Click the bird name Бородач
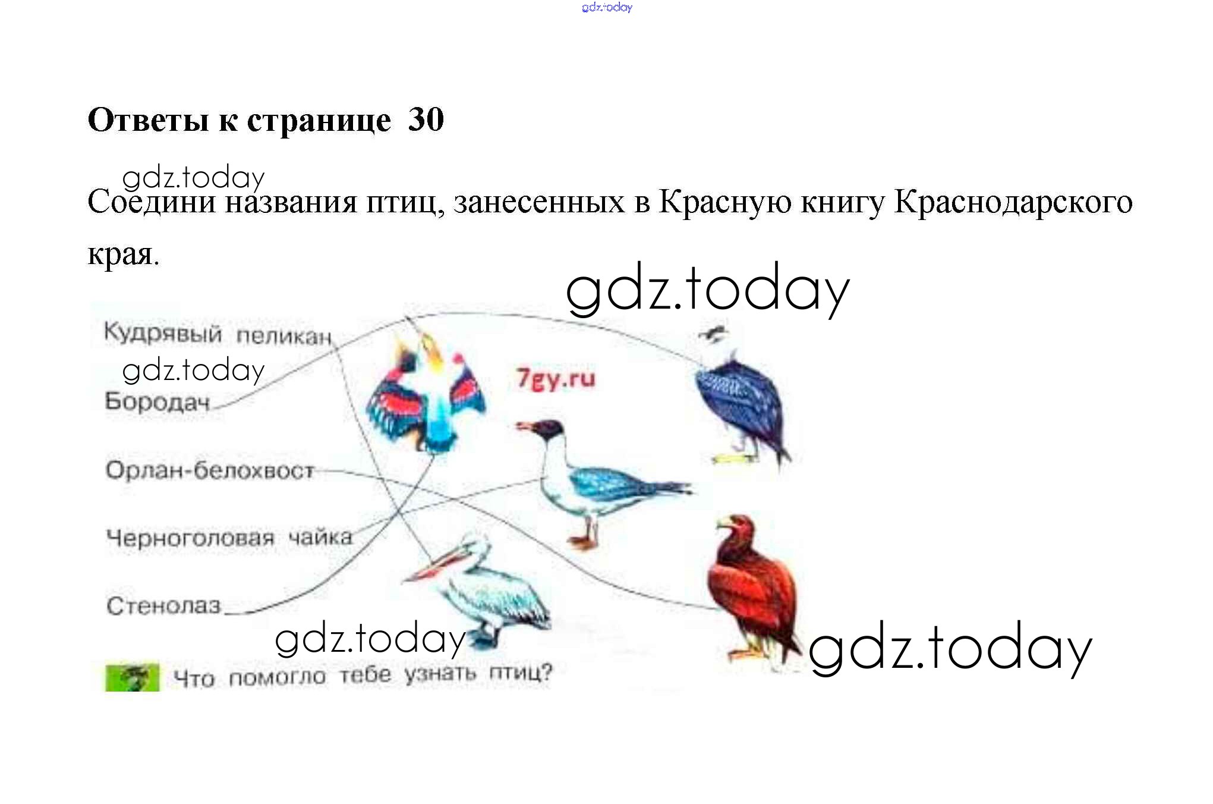tap(157, 402)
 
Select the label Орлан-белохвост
tap(210, 470)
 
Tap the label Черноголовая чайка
tap(229, 538)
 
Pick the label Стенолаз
tap(163, 606)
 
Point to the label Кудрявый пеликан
tap(218, 334)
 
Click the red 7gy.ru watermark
tap(556, 378)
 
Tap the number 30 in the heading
tap(426, 120)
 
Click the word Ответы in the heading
tap(148, 120)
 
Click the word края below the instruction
tap(124, 255)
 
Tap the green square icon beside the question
tap(132, 677)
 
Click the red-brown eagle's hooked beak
tap(723, 525)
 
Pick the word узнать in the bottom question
tap(440, 674)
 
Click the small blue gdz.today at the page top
tap(607, 7)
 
